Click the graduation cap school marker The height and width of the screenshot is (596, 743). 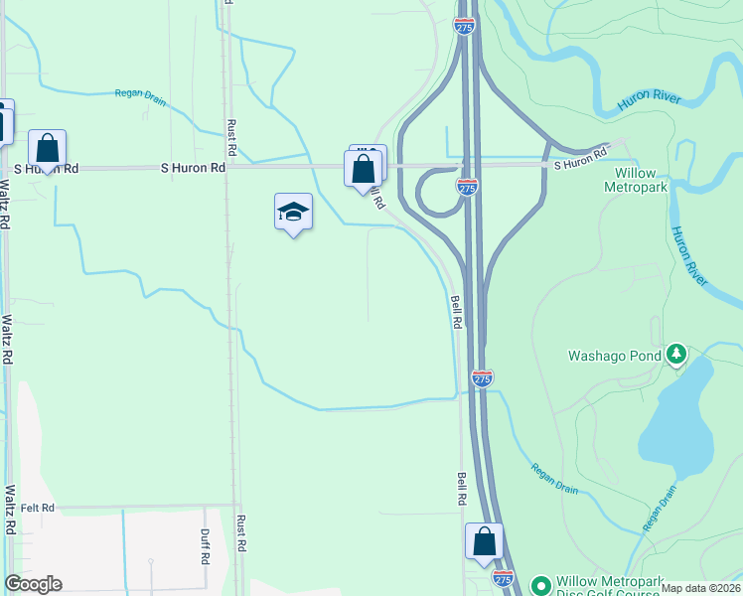click(x=293, y=212)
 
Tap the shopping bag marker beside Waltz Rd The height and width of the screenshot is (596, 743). click(x=47, y=149)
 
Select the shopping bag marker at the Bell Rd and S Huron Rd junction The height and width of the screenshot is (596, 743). click(x=364, y=168)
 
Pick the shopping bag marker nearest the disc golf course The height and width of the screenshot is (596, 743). click(x=485, y=542)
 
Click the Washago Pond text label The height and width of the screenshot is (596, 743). click(x=615, y=355)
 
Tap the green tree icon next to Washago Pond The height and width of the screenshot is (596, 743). click(x=676, y=354)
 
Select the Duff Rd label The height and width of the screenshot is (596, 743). click(x=205, y=545)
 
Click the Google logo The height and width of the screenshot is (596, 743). click(x=33, y=584)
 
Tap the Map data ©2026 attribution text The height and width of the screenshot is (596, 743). click(x=700, y=588)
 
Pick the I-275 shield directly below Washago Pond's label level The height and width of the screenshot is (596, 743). click(x=482, y=378)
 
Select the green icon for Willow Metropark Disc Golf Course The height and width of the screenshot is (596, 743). click(x=540, y=584)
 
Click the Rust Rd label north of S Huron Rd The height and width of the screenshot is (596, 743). click(x=231, y=138)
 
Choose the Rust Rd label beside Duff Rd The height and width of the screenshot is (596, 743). click(x=240, y=532)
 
